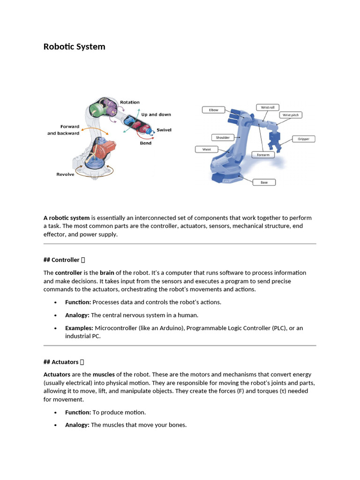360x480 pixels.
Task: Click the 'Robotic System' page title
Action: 74,46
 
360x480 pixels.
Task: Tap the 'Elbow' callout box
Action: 213,110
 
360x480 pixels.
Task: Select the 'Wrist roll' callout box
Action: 265,107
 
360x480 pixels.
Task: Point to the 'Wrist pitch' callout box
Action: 291,115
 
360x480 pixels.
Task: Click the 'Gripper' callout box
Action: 303,139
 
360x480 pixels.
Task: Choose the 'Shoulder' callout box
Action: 223,137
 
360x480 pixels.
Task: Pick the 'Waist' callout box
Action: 206,149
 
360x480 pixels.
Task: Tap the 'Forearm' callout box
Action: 263,155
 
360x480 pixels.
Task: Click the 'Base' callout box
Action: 264,182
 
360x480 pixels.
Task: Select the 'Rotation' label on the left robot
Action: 129,102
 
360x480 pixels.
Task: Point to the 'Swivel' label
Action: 164,130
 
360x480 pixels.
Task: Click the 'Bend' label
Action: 145,143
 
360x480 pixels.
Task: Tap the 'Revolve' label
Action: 66,174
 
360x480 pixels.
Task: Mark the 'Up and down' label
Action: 156,114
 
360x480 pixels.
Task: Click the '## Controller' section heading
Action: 64,260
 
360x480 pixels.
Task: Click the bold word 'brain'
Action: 107,273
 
